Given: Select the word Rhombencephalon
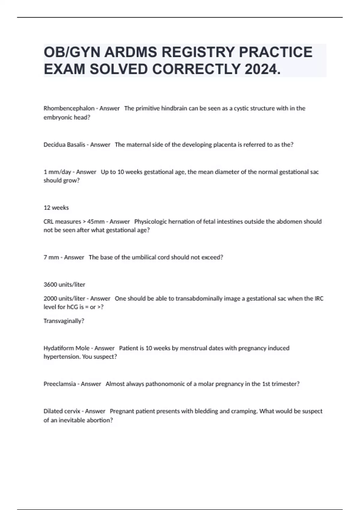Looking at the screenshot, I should click(69, 108).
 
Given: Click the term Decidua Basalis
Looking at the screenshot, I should click(64, 145).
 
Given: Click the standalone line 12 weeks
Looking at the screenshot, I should click(56, 208).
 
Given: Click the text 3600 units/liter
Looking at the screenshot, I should click(64, 284).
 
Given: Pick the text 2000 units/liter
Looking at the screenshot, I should click(64, 298).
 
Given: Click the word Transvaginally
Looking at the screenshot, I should click(63, 321).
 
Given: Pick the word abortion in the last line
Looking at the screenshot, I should click(98, 420).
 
